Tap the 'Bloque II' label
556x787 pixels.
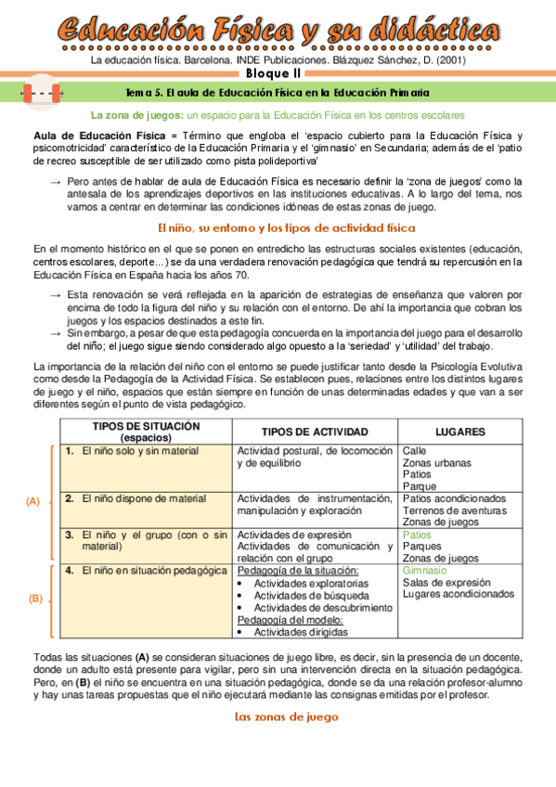pyautogui.click(x=278, y=75)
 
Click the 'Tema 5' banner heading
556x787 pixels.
pyautogui.click(x=278, y=93)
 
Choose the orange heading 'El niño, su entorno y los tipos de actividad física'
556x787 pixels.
pyautogui.click(x=278, y=227)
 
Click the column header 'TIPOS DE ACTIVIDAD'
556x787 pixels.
pyautogui.click(x=315, y=432)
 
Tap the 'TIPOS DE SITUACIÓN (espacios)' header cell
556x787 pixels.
pyautogui.click(x=146, y=431)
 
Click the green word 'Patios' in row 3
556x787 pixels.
pyautogui.click(x=417, y=535)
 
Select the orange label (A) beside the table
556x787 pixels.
pyautogui.click(x=32, y=500)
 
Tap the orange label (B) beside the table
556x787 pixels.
pyautogui.click(x=36, y=599)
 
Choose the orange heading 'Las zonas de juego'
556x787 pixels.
pyautogui.click(x=278, y=716)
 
